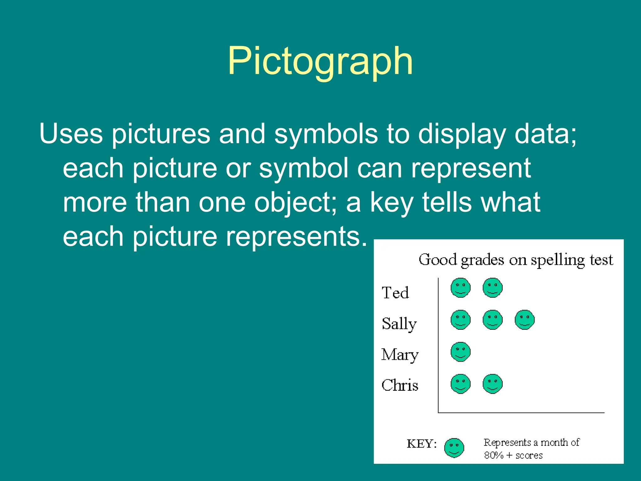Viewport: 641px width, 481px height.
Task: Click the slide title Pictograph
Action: coord(320,61)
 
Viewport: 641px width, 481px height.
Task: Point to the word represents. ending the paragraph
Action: coord(296,237)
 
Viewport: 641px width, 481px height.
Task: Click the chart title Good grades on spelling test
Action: coord(515,260)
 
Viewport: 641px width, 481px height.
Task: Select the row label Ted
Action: coord(395,293)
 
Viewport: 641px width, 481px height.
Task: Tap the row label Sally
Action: coord(399,324)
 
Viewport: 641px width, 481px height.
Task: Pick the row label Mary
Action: coord(400,355)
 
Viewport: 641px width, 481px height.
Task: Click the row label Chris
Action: coord(400,385)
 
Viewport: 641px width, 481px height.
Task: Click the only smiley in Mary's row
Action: coord(460,352)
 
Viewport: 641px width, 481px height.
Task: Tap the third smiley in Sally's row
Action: coord(525,320)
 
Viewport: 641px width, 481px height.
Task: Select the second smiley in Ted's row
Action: coord(492,288)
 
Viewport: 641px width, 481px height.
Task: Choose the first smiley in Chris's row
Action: coord(460,384)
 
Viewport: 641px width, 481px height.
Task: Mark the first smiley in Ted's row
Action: coord(460,288)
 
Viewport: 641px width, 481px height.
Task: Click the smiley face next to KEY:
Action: coord(454,448)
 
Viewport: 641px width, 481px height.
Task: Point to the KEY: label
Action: coord(421,444)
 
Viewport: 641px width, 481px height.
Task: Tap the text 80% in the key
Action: coord(494,455)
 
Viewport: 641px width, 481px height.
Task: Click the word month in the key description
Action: coord(554,442)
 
